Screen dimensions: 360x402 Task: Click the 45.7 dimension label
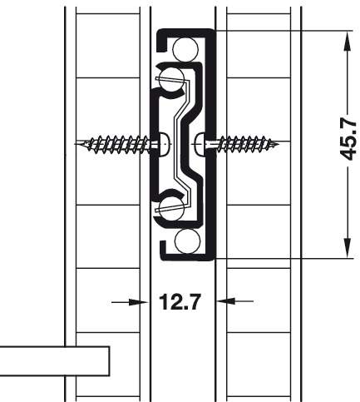(348, 141)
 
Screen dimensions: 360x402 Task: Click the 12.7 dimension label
(180, 301)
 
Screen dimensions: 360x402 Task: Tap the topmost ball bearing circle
(185, 49)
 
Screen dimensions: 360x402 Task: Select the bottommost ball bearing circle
(187, 241)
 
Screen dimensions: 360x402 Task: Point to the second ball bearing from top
(172, 80)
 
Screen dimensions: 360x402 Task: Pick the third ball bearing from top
(172, 208)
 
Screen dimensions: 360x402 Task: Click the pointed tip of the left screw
(76, 144)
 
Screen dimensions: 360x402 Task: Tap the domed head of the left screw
(164, 144)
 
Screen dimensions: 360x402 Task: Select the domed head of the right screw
(200, 144)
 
